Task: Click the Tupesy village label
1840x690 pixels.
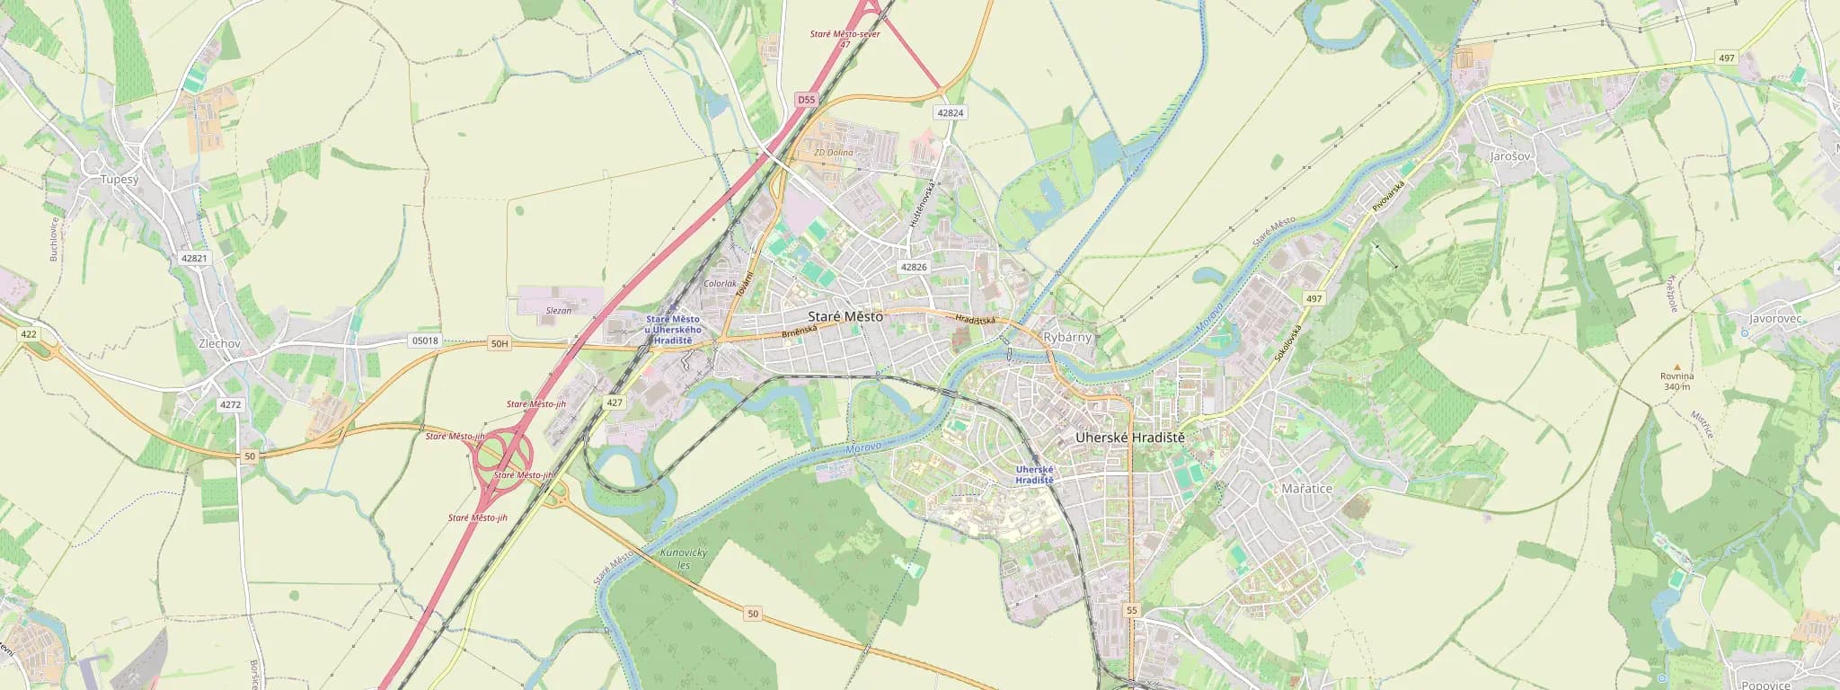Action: pos(119,180)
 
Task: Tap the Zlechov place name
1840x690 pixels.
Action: pos(219,343)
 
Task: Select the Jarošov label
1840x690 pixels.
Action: pos(1509,156)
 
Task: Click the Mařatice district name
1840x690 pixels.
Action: pos(1306,489)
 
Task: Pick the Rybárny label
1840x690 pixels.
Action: pos(1067,338)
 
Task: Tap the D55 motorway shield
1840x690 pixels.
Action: pos(805,100)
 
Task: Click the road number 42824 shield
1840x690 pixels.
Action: pos(950,113)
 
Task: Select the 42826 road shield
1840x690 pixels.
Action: pos(913,267)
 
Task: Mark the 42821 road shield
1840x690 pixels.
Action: pos(193,258)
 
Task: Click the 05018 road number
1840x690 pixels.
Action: pos(424,341)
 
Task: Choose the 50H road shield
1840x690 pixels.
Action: pos(500,343)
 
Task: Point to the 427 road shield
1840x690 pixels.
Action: pos(615,402)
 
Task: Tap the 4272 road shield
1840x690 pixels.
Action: pos(230,405)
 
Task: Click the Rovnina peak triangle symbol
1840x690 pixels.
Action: pos(1676,367)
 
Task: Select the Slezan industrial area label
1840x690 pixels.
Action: pos(559,311)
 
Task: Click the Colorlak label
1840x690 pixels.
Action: pos(720,284)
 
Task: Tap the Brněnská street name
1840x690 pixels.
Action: pos(799,332)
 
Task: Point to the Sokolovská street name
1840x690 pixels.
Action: pos(1287,343)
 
